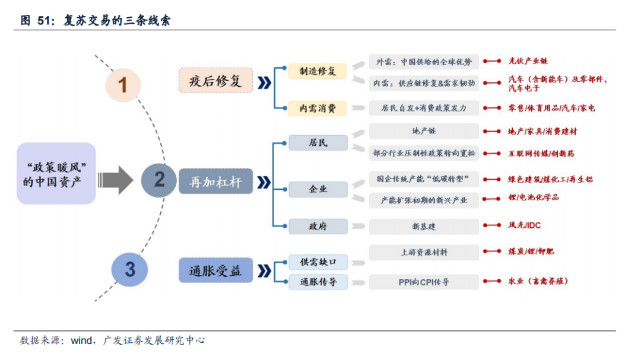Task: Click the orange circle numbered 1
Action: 123,85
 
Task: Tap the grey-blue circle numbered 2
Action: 159,179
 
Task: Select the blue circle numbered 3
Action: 129,269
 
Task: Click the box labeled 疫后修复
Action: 216,81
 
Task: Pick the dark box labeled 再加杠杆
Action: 215,181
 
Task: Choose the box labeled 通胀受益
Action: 215,271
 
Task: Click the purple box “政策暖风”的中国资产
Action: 56,173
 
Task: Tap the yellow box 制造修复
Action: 318,71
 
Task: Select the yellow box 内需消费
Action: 318,108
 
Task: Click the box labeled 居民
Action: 318,143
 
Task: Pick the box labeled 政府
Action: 318,226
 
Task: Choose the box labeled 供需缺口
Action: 318,261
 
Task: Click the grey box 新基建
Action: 424,226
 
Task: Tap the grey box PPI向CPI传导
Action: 424,282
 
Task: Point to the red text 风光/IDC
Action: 524,225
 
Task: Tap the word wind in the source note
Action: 81,340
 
